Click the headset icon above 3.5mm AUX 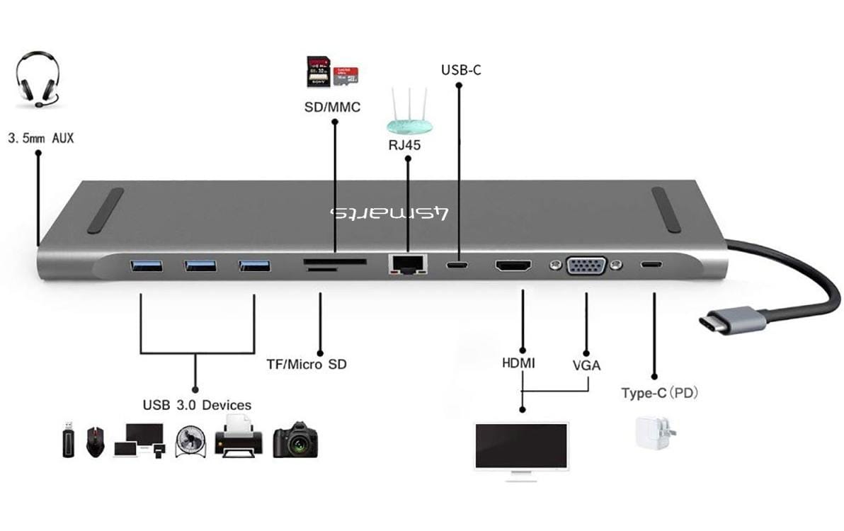coord(37,80)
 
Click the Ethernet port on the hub coord(406,265)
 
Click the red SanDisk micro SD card coord(346,73)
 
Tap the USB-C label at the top coord(461,70)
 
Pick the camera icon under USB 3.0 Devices coord(295,440)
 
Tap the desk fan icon coord(190,440)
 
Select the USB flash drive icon coord(67,440)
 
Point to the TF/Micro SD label coord(307,365)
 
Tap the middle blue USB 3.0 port coord(200,266)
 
